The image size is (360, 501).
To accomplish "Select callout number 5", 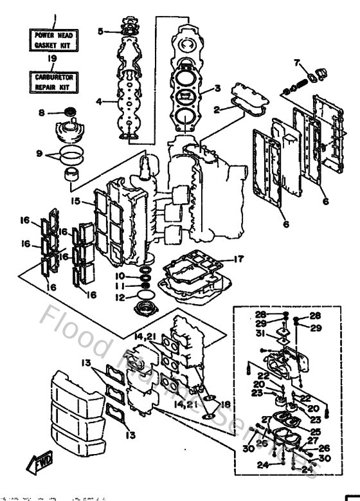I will [x=100, y=30].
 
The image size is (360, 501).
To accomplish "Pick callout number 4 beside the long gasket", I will [x=99, y=101].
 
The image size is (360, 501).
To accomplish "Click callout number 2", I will [x=218, y=110].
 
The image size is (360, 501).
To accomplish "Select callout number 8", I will [x=40, y=113].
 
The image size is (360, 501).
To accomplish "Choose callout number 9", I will [x=40, y=154].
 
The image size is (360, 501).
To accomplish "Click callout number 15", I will [x=76, y=201].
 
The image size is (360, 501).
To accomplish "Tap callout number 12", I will [x=118, y=297].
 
